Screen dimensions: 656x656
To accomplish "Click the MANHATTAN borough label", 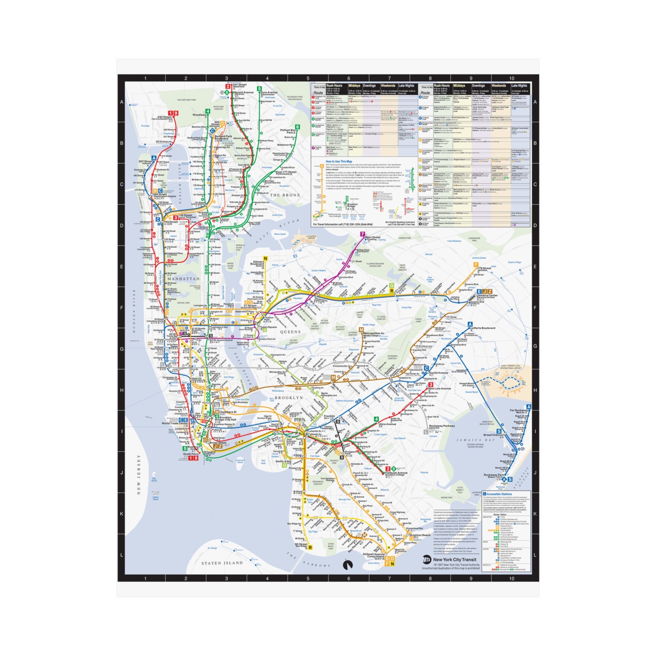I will (183, 279).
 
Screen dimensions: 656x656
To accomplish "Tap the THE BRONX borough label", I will (285, 195).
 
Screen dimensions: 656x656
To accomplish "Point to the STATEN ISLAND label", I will (222, 563).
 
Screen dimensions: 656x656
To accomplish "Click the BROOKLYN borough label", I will (289, 398).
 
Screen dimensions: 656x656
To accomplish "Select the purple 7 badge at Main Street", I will (363, 234).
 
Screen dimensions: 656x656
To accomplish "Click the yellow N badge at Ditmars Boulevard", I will (266, 259).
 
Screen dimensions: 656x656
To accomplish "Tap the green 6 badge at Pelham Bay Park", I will (298, 127).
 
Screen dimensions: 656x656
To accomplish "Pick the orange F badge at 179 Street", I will (476, 265).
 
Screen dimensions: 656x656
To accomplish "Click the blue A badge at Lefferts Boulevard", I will (470, 324).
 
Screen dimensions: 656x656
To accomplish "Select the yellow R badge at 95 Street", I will (310, 547).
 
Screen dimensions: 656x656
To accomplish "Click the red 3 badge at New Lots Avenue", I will (430, 385).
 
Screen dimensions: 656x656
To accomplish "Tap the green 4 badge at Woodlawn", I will (208, 111).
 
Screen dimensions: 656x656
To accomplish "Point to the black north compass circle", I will (348, 565).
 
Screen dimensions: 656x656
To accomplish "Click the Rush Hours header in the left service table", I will (334, 86).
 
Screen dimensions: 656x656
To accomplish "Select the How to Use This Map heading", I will (339, 162).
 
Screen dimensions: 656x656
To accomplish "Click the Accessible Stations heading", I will (499, 494).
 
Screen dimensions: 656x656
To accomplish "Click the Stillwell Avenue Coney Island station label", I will (373, 555).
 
